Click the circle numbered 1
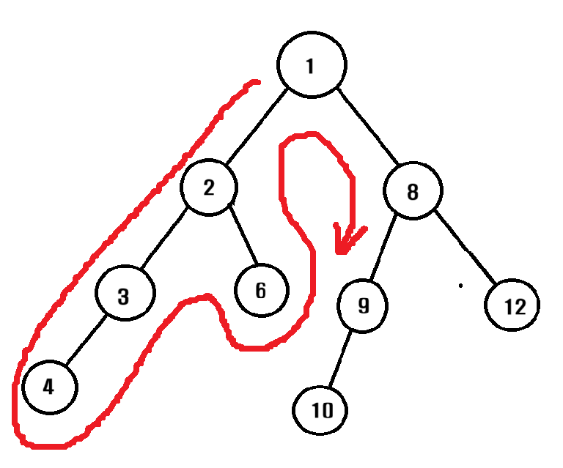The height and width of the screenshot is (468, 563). point(312,66)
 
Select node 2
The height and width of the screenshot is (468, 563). point(209,188)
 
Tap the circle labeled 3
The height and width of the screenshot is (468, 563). point(124,296)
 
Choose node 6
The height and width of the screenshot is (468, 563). point(261,291)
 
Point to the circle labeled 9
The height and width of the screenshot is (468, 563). point(363,305)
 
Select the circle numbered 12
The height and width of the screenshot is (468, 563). point(513,306)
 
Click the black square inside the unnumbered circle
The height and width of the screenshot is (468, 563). point(409,189)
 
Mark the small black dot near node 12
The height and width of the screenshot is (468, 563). point(460,285)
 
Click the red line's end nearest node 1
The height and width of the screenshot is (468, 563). point(257,81)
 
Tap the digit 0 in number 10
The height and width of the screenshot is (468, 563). point(327,410)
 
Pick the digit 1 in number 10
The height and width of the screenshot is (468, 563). point(315,410)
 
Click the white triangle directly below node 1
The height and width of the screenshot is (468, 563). point(312,146)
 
